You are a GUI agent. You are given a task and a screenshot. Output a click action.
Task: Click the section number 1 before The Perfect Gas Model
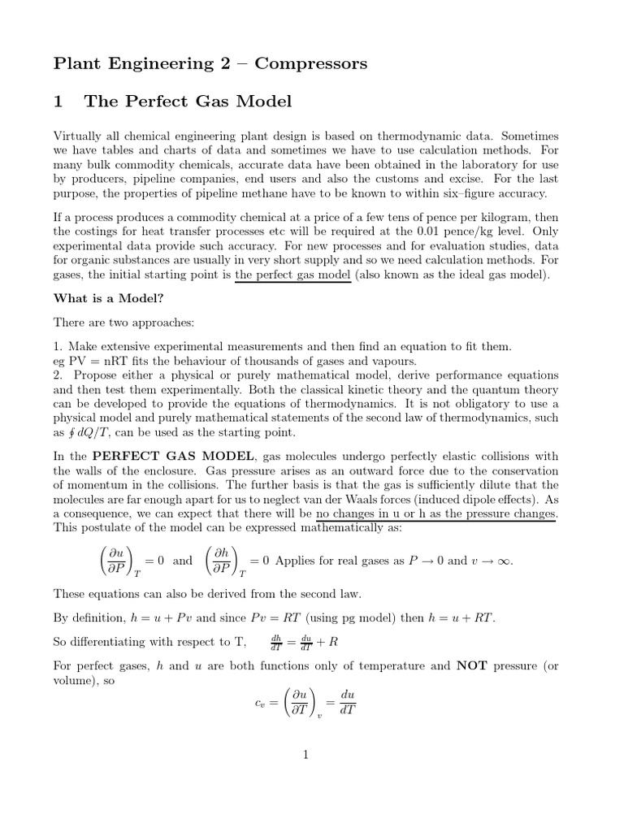click(x=58, y=102)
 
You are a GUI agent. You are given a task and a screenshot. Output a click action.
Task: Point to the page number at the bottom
click(x=306, y=755)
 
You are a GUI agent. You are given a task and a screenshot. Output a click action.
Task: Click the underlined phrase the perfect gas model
click(x=293, y=275)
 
